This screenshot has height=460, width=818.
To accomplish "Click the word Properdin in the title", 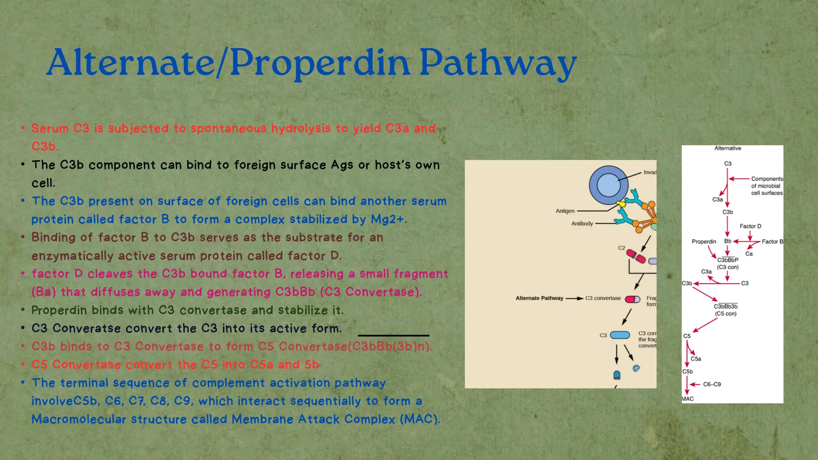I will pyautogui.click(x=320, y=63).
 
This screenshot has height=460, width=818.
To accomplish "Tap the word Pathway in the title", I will pyautogui.click(x=497, y=63).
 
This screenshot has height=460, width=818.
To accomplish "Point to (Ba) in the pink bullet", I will pyautogui.click(x=44, y=292).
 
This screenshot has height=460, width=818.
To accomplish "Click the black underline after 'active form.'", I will pyautogui.click(x=393, y=335).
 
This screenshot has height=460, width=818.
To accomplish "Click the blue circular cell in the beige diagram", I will pyautogui.click(x=608, y=185).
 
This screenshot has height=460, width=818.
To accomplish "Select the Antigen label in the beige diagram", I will pyautogui.click(x=565, y=211).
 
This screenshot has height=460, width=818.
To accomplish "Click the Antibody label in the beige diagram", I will pyautogui.click(x=582, y=224).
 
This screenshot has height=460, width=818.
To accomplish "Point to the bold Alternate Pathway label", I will pyautogui.click(x=539, y=298).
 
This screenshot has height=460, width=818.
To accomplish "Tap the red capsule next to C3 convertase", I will pyautogui.click(x=632, y=299).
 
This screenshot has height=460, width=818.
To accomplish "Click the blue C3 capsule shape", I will pyautogui.click(x=620, y=335).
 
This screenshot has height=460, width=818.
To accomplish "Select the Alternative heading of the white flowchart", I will pyautogui.click(x=727, y=148).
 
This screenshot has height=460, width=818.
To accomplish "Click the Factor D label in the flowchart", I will pyautogui.click(x=750, y=226).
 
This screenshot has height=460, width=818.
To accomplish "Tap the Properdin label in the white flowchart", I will pyautogui.click(x=704, y=242).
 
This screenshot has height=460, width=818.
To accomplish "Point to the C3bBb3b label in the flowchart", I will pyautogui.click(x=726, y=307).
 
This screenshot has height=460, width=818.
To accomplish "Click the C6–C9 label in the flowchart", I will pyautogui.click(x=712, y=385).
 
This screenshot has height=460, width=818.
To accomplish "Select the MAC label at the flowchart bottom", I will pyautogui.click(x=687, y=399).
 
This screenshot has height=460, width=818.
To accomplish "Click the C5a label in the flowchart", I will pyautogui.click(x=696, y=359).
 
